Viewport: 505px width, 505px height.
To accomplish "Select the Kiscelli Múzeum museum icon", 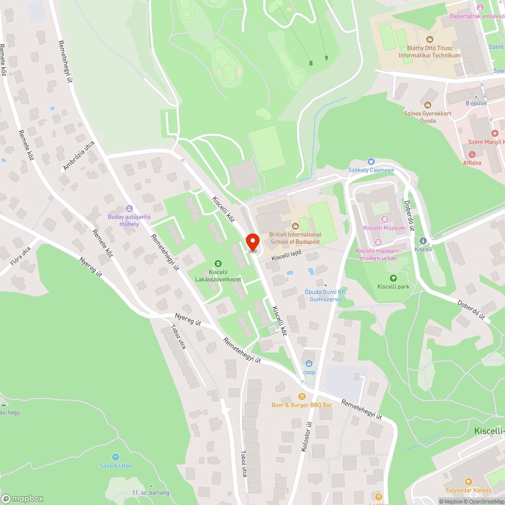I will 385,219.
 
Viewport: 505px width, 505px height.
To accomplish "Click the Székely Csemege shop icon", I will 371,162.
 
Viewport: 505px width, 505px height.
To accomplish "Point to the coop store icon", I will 309,363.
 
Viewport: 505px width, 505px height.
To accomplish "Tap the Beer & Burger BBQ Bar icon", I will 302,396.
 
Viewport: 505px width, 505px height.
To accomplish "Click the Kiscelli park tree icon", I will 393,278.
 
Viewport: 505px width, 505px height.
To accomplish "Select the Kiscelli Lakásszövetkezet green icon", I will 218,263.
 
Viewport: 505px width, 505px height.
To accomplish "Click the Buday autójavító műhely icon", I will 129,208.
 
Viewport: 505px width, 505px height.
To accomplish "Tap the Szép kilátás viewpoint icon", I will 115,457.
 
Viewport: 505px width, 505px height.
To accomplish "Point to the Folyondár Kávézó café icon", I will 469,482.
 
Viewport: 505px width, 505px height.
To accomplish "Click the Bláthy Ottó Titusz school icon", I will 430,39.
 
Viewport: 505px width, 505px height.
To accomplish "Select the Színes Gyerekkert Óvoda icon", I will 427,105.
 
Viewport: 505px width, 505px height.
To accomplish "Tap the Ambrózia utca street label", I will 79,156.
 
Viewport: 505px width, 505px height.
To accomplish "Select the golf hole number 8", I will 311,63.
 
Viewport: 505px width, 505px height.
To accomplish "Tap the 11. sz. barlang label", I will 150,492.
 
